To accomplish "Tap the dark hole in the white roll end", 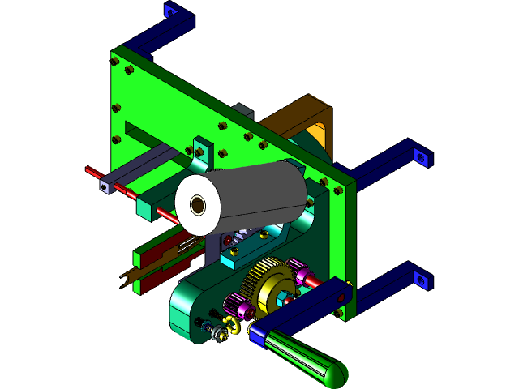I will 198,205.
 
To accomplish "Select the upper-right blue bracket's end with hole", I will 420,156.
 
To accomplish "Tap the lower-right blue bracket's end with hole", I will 420,280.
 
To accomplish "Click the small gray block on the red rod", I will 105,186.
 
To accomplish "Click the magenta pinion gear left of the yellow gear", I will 237,307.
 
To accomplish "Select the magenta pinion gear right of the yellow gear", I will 298,267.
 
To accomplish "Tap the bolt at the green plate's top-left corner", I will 116,59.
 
